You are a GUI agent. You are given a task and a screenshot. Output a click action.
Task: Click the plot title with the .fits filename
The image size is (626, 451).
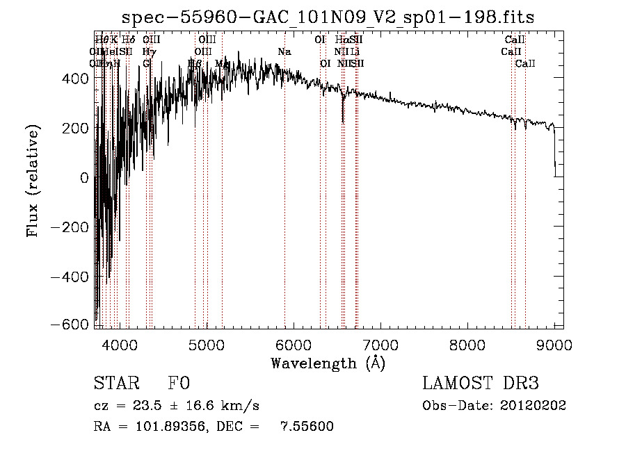point(328,17)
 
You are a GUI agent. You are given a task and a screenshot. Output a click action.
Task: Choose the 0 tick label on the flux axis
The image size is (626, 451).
point(84,178)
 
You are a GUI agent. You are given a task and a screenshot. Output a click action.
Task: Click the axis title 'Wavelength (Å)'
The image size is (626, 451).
point(328,363)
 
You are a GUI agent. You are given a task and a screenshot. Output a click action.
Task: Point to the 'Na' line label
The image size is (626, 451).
point(284,52)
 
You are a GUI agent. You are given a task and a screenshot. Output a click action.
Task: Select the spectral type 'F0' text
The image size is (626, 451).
point(179,384)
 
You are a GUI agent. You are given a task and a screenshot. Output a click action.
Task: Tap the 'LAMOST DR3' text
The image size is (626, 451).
point(481,384)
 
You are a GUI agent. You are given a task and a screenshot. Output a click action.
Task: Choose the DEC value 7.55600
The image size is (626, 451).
point(307,427)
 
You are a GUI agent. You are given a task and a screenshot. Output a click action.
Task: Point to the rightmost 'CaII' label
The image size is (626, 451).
point(525,64)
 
